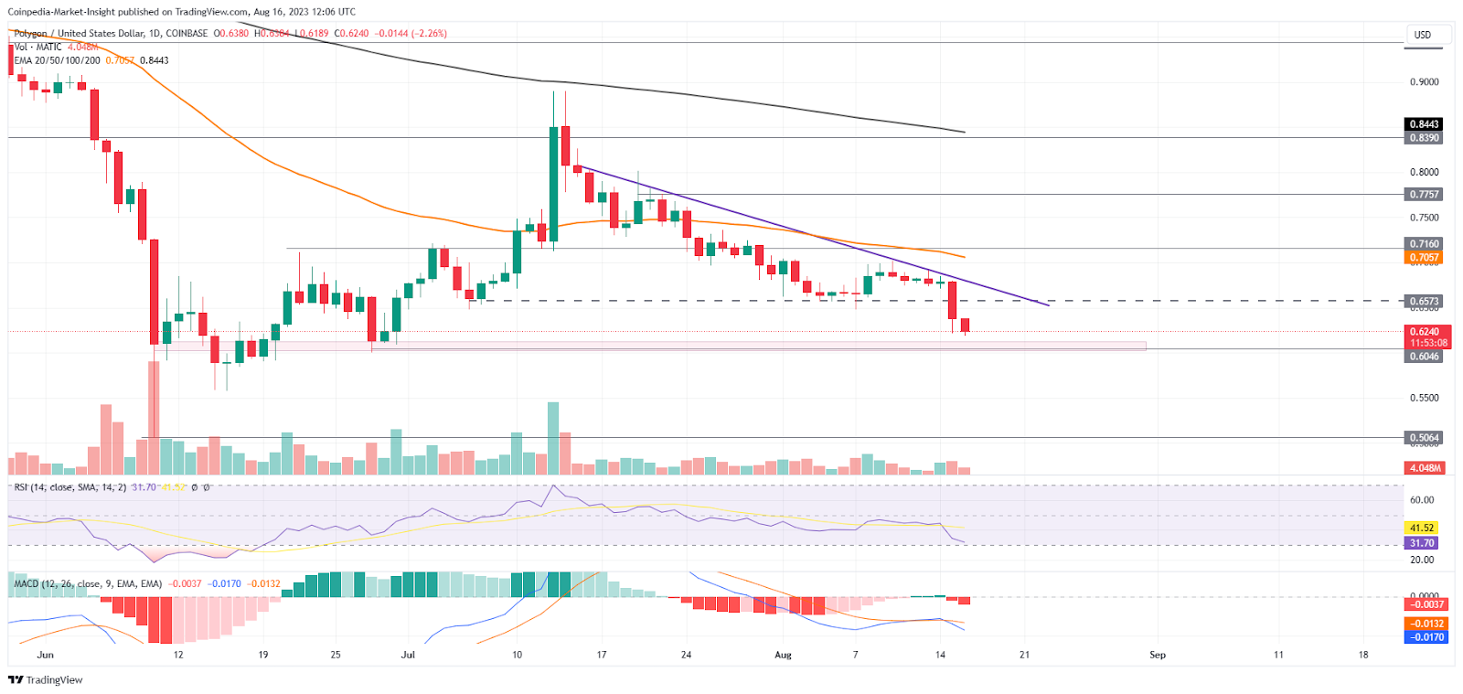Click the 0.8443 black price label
coord(1424,124)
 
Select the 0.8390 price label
coord(1424,138)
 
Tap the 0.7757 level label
coord(1424,195)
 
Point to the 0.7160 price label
coord(1424,244)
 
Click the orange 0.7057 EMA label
coord(1424,258)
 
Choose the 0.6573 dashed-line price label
coord(1424,301)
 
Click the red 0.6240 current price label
coord(1424,332)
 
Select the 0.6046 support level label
coord(1424,357)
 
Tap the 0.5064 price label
coord(1424,438)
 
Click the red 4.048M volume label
coord(1425,468)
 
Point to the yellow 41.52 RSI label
coord(1421,528)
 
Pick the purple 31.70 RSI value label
coord(1421,543)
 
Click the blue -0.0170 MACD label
coord(1426,637)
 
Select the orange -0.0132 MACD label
coord(1426,624)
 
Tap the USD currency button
coord(1423,35)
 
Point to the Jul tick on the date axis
coord(408,655)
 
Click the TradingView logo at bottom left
coord(46,680)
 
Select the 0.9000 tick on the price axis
coord(1424,82)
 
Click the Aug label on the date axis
coord(783,655)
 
